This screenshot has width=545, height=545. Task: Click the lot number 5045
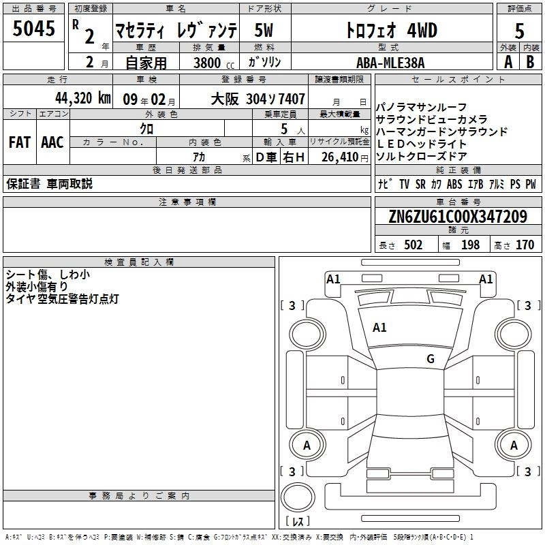click(x=33, y=28)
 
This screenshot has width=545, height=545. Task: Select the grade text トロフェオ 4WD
click(x=392, y=30)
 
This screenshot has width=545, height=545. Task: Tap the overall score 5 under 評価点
click(x=519, y=31)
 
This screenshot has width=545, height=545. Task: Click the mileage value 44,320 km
click(x=82, y=98)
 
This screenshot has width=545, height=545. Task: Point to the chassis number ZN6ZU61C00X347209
click(x=458, y=217)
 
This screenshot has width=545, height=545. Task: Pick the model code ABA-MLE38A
click(x=390, y=63)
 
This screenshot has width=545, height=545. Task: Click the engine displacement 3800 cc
click(x=214, y=63)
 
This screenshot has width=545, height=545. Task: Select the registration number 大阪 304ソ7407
click(x=258, y=99)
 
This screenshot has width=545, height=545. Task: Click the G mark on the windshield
click(x=431, y=358)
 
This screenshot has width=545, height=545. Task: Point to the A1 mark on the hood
click(x=379, y=327)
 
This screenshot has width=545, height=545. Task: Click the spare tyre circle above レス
click(x=298, y=497)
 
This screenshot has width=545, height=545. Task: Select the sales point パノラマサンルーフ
click(x=421, y=107)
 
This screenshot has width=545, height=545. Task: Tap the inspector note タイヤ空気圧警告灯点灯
click(x=63, y=299)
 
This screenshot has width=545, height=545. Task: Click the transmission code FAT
click(x=20, y=142)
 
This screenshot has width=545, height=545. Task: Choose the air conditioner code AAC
click(x=52, y=142)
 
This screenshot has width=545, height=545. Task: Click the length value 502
click(x=413, y=245)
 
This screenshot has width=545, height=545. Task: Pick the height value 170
click(x=525, y=245)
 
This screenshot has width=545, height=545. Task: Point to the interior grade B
click(x=530, y=62)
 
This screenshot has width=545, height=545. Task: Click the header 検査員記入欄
click(x=139, y=262)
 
